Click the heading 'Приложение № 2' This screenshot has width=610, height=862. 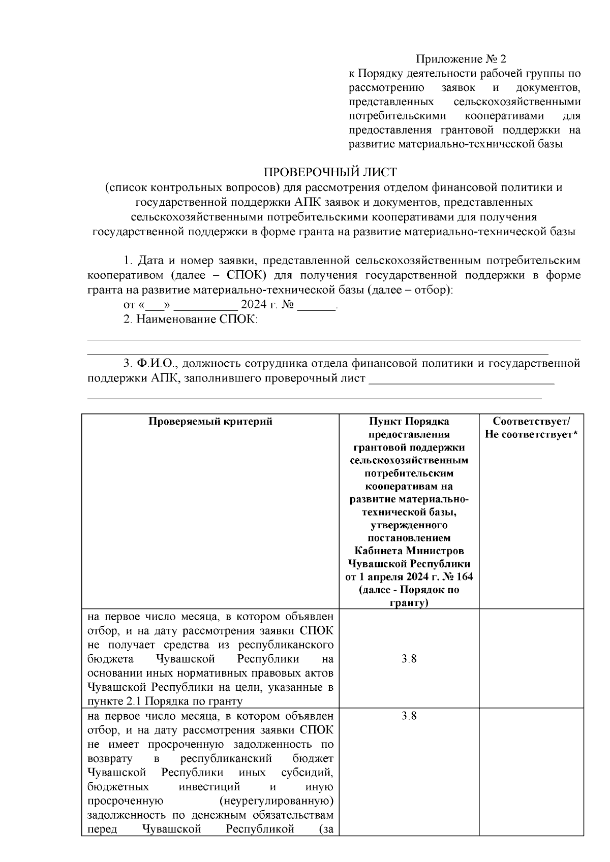click(x=461, y=59)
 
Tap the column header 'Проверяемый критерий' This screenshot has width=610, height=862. click(x=210, y=422)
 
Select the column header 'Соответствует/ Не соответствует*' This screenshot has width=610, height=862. click(x=531, y=428)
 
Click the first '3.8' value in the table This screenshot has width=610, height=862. click(x=409, y=659)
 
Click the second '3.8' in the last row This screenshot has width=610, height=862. click(x=409, y=716)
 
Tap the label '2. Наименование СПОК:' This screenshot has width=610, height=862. click(x=191, y=320)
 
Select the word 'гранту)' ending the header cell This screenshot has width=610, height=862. click(x=409, y=603)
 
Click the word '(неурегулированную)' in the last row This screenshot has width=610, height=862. click(x=277, y=801)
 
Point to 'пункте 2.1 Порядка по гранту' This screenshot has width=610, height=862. click(x=165, y=701)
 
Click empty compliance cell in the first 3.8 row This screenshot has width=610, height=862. click(x=531, y=659)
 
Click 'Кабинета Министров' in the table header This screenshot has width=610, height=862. click(x=409, y=551)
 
